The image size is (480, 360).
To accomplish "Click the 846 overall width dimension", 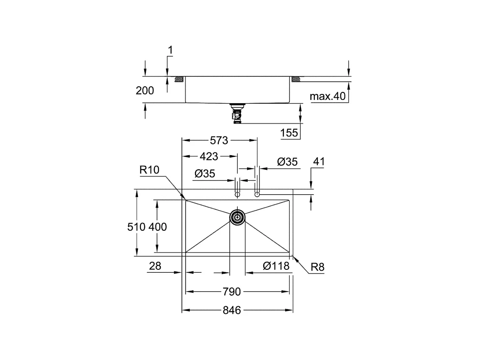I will pyautogui.click(x=231, y=310).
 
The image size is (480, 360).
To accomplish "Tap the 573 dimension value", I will pyautogui.click(x=219, y=141).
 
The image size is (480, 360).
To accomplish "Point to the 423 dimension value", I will pyautogui.click(x=209, y=157).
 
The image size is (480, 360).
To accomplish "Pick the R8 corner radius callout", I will pyautogui.click(x=318, y=267).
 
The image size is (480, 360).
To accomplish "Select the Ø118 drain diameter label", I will pyautogui.click(x=276, y=266).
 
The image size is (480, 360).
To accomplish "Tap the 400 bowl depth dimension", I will pyautogui.click(x=158, y=227).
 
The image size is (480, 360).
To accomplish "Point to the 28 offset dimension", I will pyautogui.click(x=155, y=266).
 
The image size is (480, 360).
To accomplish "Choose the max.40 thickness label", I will pyautogui.click(x=327, y=97).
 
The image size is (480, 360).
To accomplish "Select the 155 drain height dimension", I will pyautogui.click(x=290, y=133).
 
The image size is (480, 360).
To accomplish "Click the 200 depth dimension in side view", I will pyautogui.click(x=145, y=90).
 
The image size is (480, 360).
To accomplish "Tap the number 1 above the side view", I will pyautogui.click(x=170, y=50).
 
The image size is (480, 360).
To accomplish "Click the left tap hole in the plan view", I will pyautogui.click(x=237, y=194).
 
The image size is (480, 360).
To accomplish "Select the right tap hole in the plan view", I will pyautogui.click(x=257, y=194).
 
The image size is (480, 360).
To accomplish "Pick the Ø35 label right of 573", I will pyautogui.click(x=288, y=162).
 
